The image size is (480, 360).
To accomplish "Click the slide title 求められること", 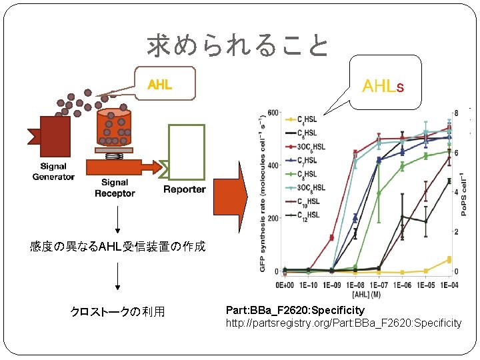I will (x=238, y=46).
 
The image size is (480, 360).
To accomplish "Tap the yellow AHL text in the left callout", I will (x=159, y=85).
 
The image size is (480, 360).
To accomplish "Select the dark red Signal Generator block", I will (x=54, y=137).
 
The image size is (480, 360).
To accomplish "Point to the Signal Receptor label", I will (x=115, y=188).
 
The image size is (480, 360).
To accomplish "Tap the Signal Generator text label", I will (x=53, y=172).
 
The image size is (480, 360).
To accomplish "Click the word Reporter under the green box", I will (x=185, y=189).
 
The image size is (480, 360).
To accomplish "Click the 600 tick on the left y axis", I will (x=273, y=111).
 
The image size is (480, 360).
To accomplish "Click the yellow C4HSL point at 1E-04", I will (x=449, y=259).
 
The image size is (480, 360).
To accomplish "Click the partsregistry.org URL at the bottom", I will (x=343, y=323).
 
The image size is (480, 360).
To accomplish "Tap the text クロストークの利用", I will (x=118, y=311).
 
